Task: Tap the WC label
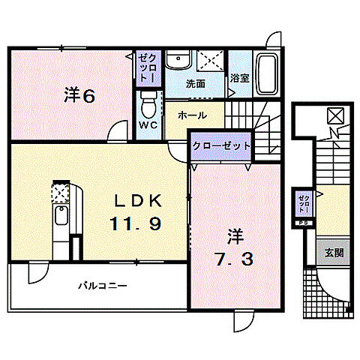146,125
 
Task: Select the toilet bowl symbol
148,100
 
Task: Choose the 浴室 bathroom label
239,77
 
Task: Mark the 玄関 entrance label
334,253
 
